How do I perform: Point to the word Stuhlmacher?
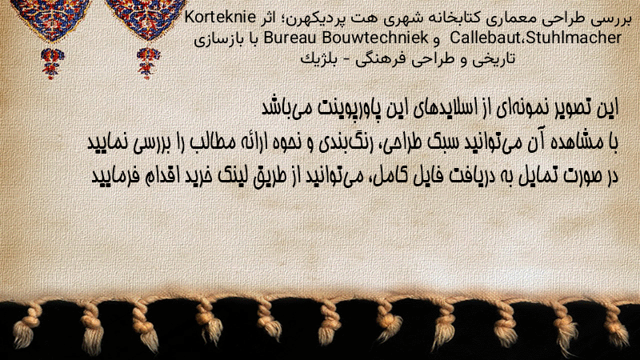pyautogui.click(x=574, y=38)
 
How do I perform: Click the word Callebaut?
pyautogui.click(x=486, y=38)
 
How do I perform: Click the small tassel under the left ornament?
pyautogui.click(x=52, y=62)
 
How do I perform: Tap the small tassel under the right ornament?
pyautogui.click(x=148, y=62)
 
